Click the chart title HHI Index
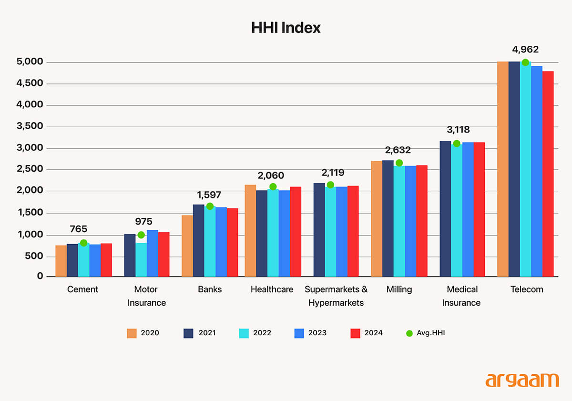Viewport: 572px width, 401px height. click(286, 28)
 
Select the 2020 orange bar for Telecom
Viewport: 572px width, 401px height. click(502, 169)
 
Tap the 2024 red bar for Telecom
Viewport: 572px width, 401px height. click(548, 174)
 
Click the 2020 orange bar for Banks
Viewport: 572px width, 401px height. click(187, 246)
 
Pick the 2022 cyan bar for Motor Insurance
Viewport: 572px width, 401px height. click(141, 260)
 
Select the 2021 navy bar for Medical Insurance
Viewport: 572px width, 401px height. click(445, 209)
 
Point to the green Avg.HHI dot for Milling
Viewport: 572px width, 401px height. click(399, 163)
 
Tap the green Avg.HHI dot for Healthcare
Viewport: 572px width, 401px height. click(273, 187)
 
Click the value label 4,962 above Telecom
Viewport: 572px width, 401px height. click(525, 50)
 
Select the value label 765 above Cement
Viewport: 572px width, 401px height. click(78, 229)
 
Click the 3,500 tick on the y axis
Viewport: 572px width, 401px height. click(30, 126)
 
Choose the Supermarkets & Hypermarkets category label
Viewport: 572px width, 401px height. click(336, 296)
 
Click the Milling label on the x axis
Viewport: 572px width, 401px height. click(399, 289)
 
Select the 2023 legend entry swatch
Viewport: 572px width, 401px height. click(299, 333)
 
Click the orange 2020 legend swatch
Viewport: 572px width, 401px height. click(132, 333)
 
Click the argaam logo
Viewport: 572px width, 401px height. click(522, 380)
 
